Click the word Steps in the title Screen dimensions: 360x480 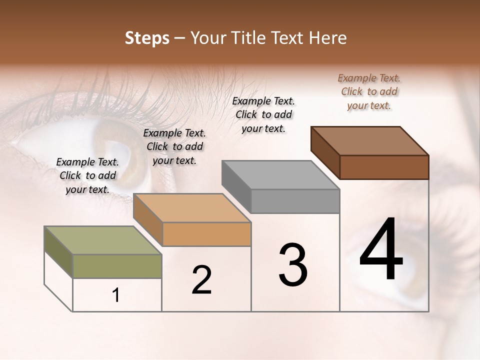coord(147,38)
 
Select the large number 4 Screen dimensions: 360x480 coord(381,250)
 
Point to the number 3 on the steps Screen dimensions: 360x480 coord(293,264)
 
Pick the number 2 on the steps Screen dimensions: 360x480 coord(201,280)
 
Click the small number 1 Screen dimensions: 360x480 coord(116,295)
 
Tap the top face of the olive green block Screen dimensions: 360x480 coord(103,240)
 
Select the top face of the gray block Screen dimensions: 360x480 coord(280,175)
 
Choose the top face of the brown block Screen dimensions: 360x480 coord(369,141)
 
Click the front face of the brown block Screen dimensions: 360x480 coord(384,167)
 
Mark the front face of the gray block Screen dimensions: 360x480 coord(295,201)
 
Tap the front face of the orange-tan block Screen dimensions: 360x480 coord(206,234)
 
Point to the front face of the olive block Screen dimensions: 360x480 coord(117,266)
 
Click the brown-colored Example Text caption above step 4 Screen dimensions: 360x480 coord(369,92)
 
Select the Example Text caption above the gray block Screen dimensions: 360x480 coord(263,114)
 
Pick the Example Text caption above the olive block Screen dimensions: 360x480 coord(87,175)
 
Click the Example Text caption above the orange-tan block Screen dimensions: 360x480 coord(174,146)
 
